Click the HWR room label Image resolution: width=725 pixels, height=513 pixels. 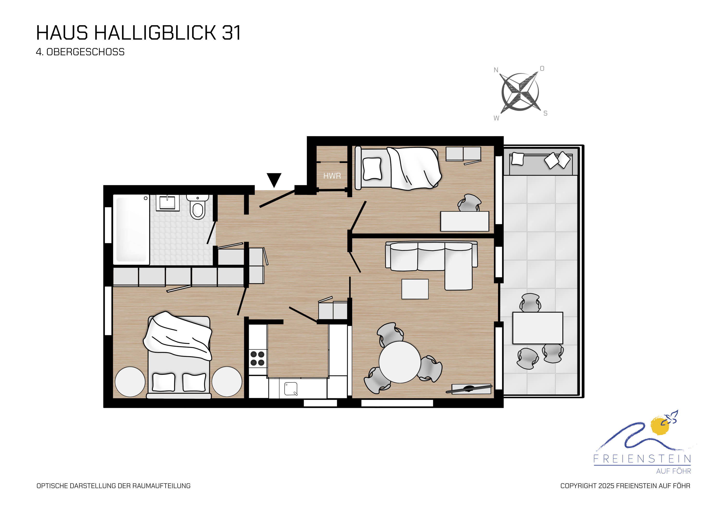click(x=332, y=176)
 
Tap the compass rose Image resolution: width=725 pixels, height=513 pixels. click(x=520, y=92)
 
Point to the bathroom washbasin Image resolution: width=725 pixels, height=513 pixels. click(x=167, y=202)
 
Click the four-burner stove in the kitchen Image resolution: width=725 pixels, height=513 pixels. click(x=257, y=358)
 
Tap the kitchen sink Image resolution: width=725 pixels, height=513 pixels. click(x=291, y=389)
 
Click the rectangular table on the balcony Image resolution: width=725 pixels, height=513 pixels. click(x=537, y=328)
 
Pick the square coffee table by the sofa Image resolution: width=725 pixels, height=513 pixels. click(x=415, y=289)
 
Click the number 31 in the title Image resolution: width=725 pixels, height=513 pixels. click(x=232, y=33)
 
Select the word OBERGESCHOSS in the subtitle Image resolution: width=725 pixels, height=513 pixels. click(x=85, y=52)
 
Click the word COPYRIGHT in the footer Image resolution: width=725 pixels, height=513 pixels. click(x=578, y=486)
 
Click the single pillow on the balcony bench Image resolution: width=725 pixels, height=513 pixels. click(x=518, y=158)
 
